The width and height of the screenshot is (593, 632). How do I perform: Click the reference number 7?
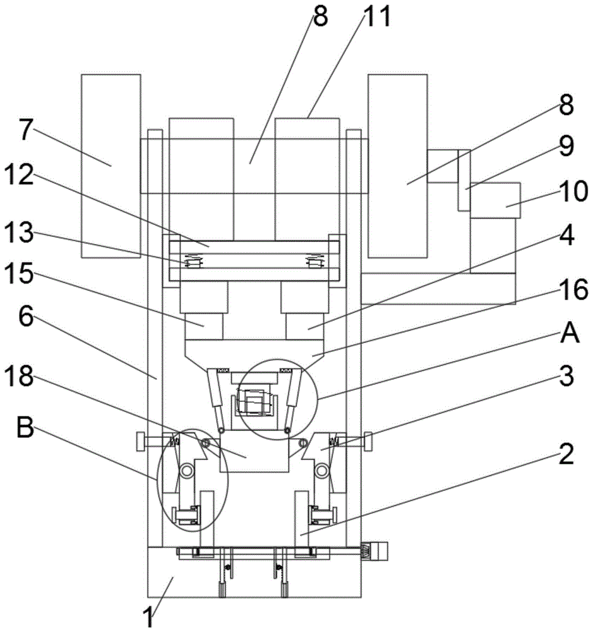[x=25, y=130]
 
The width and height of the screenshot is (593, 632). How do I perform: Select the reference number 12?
[x=18, y=175]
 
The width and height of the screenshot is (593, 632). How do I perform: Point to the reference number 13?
[x=18, y=233]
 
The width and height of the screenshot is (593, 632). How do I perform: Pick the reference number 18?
[x=26, y=318]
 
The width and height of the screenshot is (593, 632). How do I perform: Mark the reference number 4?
[x=567, y=235]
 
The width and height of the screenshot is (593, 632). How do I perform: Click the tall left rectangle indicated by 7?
[x=111, y=166]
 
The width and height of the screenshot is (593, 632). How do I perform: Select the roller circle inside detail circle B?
[x=186, y=470]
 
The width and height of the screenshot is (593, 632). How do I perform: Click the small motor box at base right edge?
[x=379, y=550]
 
